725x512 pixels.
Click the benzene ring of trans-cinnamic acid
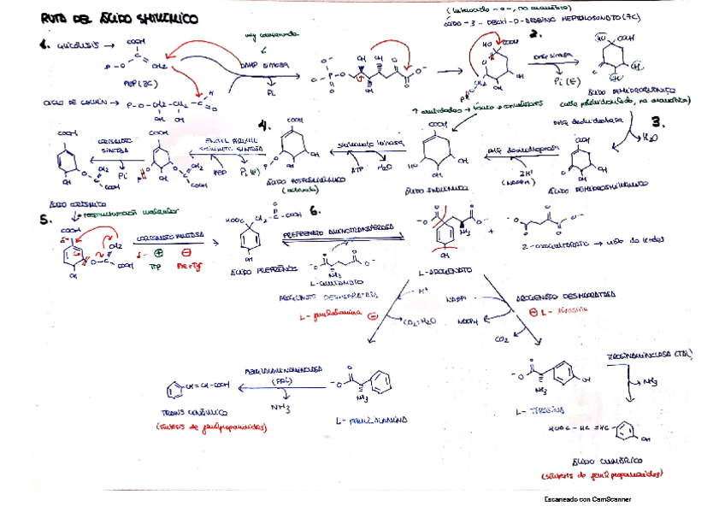174,390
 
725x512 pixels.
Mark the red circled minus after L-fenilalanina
373,315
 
